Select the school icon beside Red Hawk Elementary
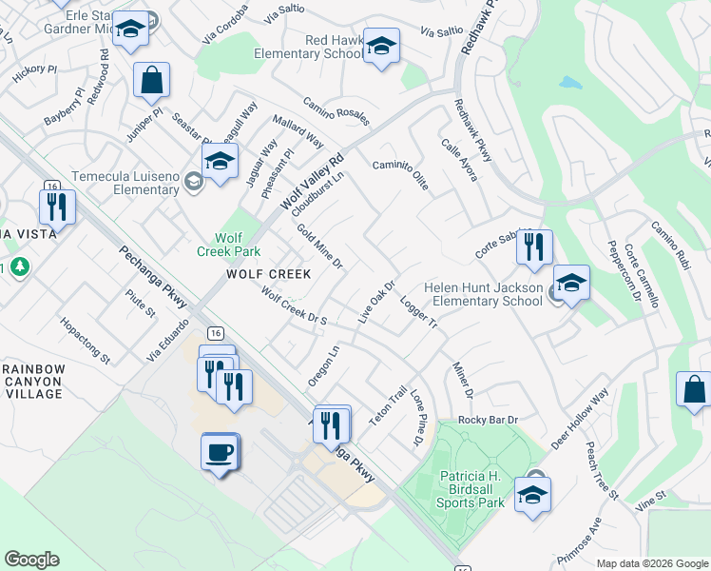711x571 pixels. coord(381,46)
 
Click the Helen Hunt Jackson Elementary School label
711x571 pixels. coord(483,295)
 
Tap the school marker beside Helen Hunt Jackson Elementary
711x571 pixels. coord(570,283)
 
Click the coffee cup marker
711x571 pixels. coord(220,451)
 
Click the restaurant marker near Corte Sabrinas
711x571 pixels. coord(533,247)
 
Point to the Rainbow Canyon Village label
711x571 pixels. coord(32,382)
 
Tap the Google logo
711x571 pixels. coord(31,560)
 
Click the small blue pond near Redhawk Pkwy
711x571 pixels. coord(570,83)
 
